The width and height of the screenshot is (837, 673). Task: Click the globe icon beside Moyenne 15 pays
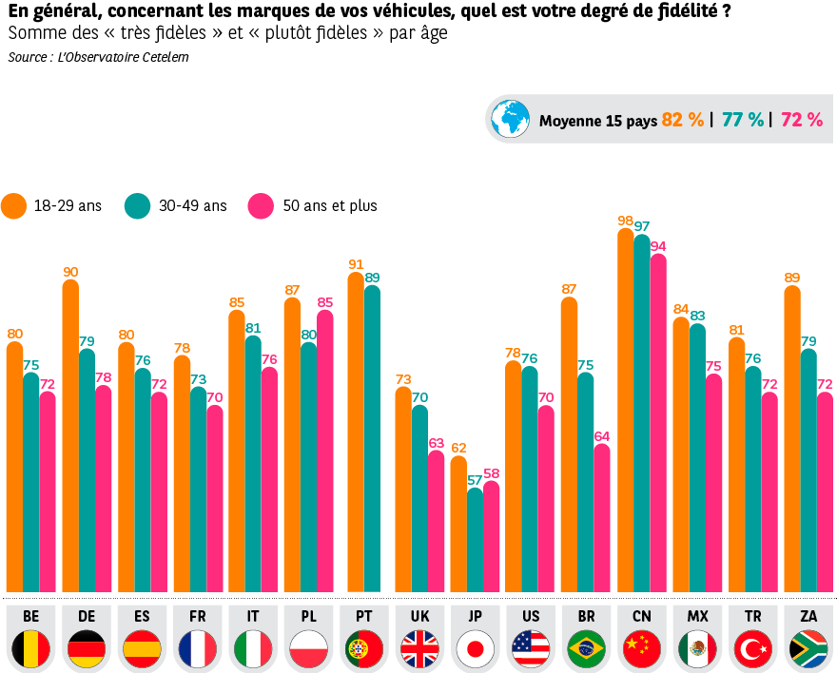click(510, 119)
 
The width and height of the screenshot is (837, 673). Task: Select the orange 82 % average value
click(683, 120)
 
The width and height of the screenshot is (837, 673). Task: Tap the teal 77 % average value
click(742, 120)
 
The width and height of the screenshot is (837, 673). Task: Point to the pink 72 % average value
click(801, 120)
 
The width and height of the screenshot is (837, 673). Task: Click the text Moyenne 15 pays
click(597, 121)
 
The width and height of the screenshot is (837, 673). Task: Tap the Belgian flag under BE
click(30, 649)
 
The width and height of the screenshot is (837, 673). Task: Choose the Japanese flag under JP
click(476, 649)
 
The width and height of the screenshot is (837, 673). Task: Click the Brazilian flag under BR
click(586, 649)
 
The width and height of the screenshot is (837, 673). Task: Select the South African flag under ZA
click(808, 649)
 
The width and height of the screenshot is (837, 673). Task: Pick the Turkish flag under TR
click(753, 649)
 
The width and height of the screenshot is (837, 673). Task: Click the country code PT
click(364, 617)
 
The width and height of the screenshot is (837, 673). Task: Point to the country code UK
click(419, 617)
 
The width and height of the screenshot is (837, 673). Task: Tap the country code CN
click(642, 617)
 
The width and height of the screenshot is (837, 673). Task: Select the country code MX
click(697, 617)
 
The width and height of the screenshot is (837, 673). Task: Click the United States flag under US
click(531, 649)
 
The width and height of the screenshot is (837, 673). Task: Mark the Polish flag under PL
click(308, 649)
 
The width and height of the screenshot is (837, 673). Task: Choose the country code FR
click(197, 617)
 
